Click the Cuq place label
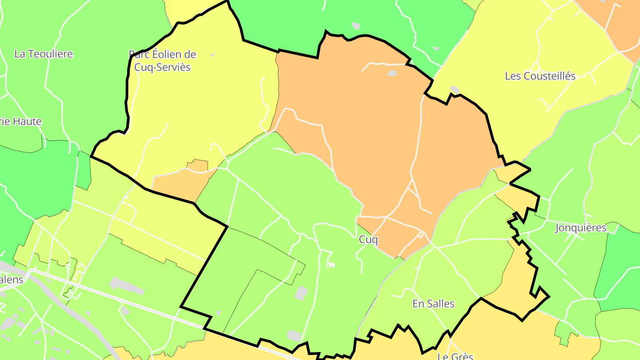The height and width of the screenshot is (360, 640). click(x=368, y=240)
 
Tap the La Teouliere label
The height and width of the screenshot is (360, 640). click(x=44, y=54)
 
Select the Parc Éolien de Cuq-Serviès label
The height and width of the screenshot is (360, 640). click(x=162, y=61)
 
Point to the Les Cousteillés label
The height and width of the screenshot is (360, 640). click(x=540, y=76)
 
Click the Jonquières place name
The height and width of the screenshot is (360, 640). click(x=580, y=228)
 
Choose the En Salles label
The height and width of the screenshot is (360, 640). click(x=433, y=304)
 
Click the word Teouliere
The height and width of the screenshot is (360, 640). click(x=49, y=54)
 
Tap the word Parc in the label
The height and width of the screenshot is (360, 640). click(x=139, y=54)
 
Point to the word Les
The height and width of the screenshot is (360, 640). click(x=512, y=76)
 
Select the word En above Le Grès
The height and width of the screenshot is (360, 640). click(x=418, y=304)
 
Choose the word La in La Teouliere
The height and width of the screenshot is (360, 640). click(x=19, y=54)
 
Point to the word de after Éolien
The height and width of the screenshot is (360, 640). click(x=190, y=54)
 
